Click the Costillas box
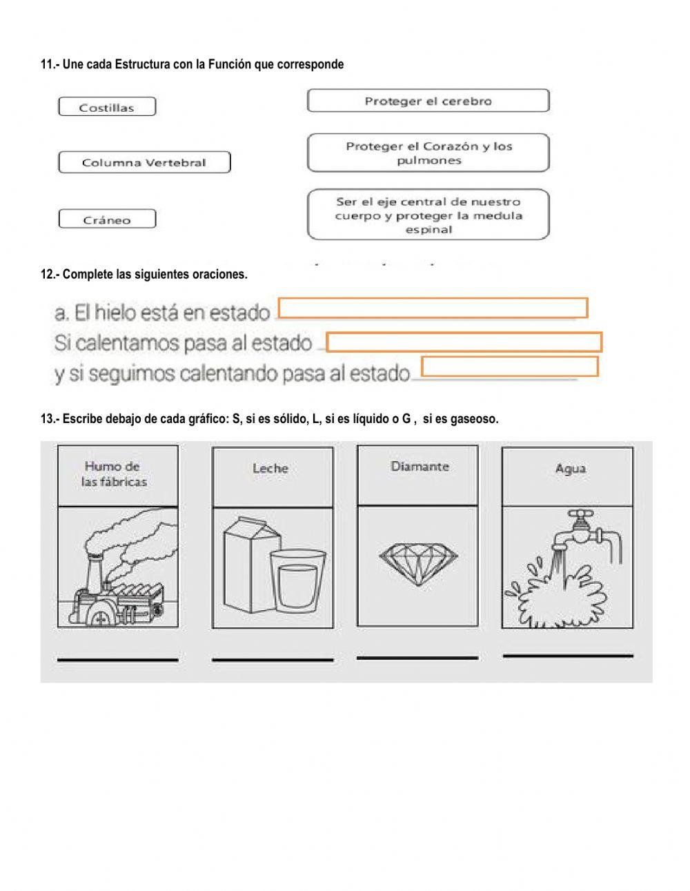(x=107, y=107)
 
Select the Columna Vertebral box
(x=144, y=163)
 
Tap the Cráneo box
(x=107, y=219)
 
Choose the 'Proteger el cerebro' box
(x=428, y=101)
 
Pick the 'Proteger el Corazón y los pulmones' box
(x=428, y=153)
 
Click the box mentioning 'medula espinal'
(x=428, y=215)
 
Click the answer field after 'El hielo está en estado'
(x=433, y=308)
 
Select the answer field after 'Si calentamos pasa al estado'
(x=464, y=342)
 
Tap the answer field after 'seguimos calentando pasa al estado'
(x=509, y=366)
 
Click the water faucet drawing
(x=586, y=528)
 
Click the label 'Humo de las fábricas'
(x=115, y=474)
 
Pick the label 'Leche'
(x=270, y=468)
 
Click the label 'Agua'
(x=570, y=469)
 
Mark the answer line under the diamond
(x=417, y=658)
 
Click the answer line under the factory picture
(x=117, y=660)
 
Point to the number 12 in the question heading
(x=47, y=274)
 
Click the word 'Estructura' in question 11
(x=142, y=64)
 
